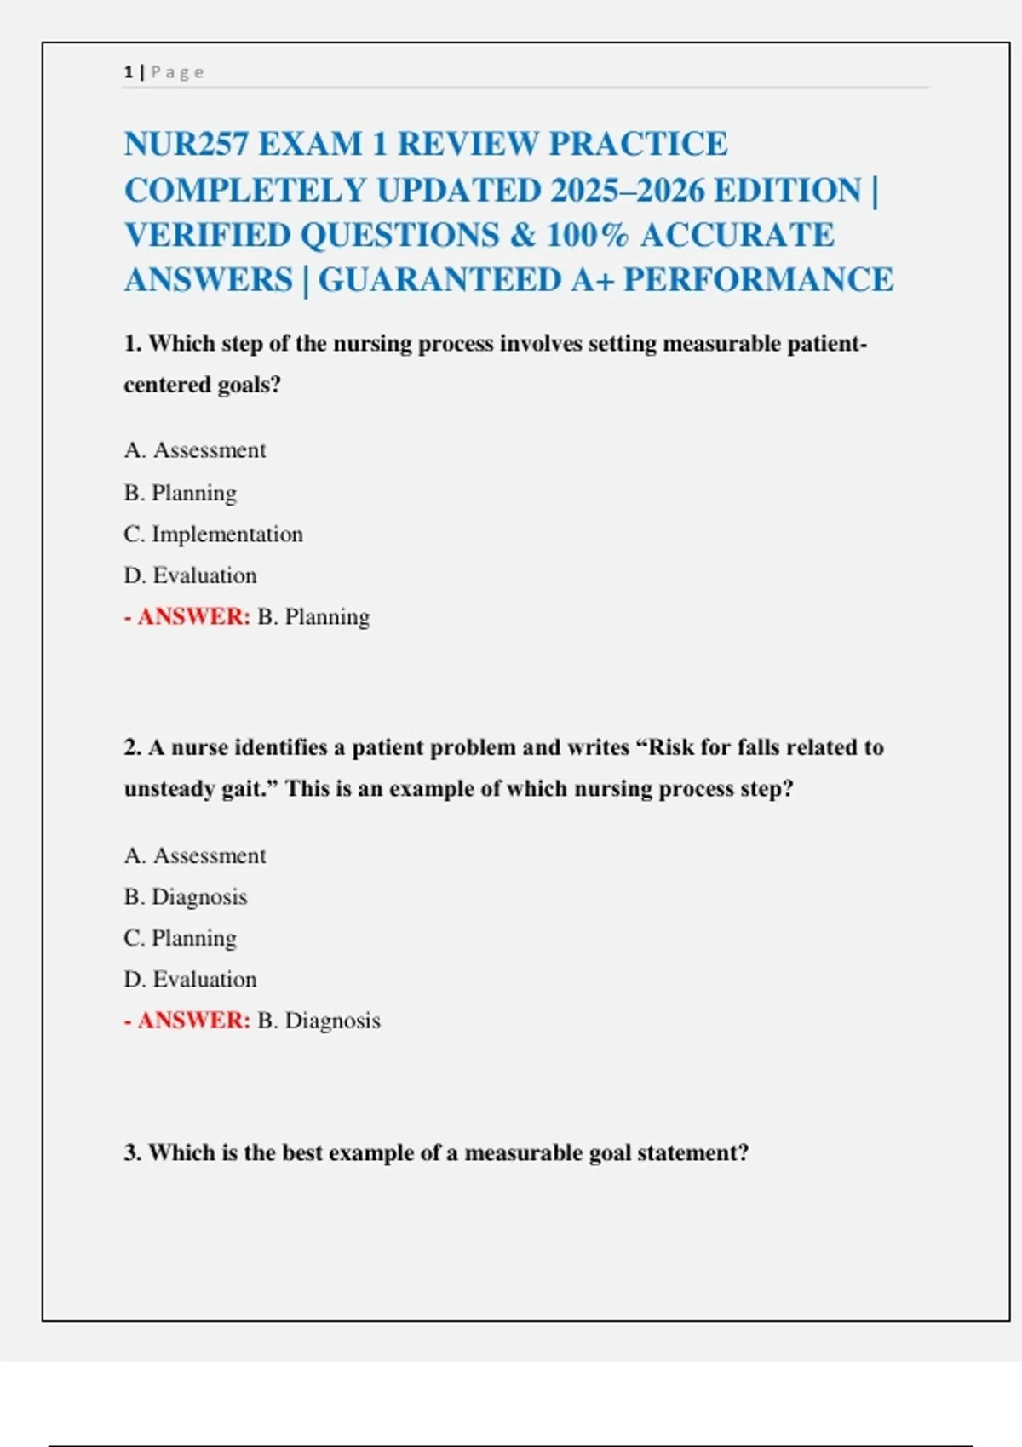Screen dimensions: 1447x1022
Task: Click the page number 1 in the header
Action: click(128, 72)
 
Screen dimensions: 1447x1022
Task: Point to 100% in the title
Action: click(587, 235)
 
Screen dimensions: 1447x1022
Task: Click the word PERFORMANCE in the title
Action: click(758, 280)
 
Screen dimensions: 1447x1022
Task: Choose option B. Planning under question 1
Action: click(181, 493)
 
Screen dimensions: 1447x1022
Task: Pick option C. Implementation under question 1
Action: click(213, 535)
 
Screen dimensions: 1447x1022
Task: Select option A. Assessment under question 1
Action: click(195, 450)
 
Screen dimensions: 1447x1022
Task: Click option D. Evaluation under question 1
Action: click(190, 575)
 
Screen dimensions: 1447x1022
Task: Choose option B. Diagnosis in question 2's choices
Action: click(186, 897)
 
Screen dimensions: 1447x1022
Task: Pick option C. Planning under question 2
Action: click(181, 938)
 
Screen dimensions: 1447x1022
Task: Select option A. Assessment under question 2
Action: click(195, 855)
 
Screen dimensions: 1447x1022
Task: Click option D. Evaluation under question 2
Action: click(190, 980)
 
